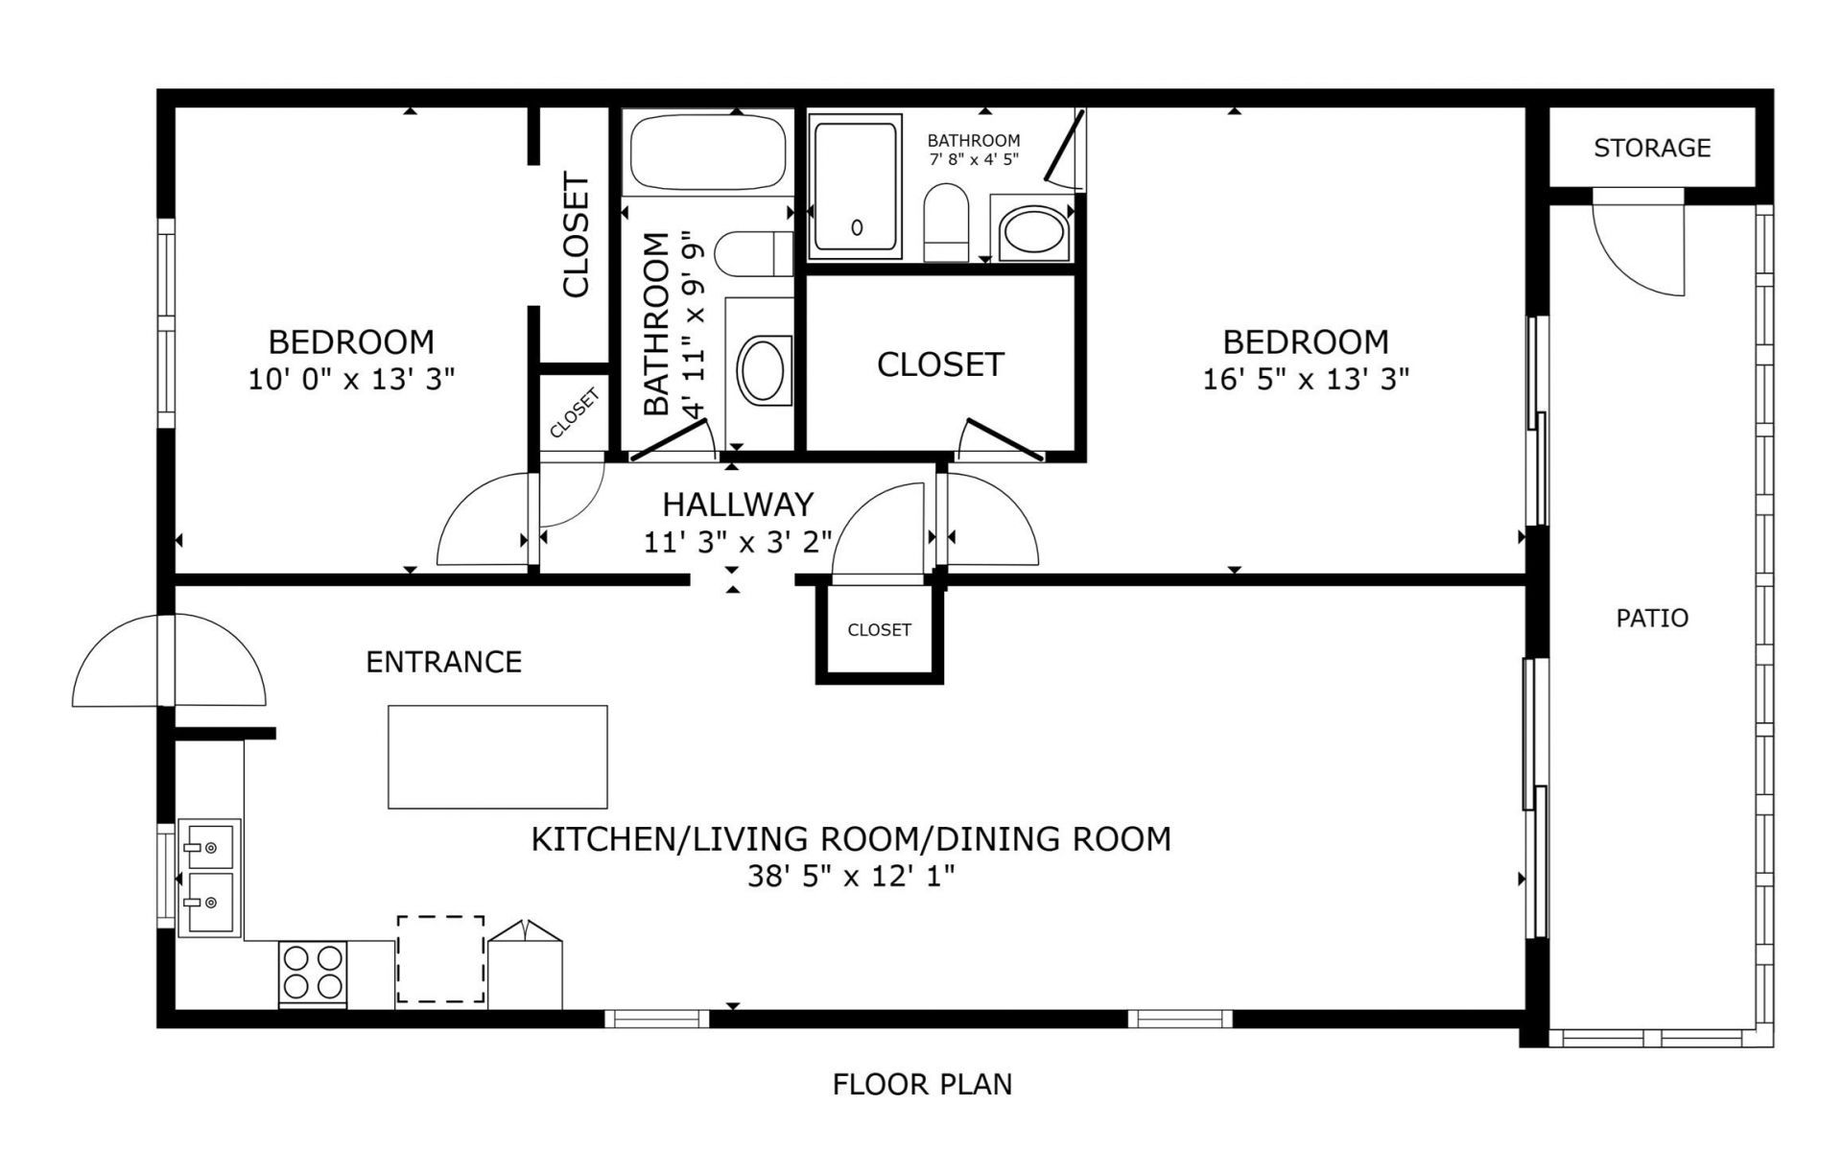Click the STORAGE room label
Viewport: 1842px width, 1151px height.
[1652, 148]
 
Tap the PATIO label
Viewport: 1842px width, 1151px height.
[1652, 618]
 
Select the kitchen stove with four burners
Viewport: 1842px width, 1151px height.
[313, 973]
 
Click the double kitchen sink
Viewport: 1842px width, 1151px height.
[208, 877]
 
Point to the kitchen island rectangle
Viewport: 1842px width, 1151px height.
[497, 757]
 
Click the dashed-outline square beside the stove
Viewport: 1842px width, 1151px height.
[440, 958]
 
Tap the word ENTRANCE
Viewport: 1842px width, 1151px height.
[443, 662]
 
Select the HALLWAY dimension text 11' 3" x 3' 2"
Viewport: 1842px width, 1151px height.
[737, 542]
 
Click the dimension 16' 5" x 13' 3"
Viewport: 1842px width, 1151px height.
[1305, 379]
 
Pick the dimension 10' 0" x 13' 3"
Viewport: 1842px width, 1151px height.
[351, 379]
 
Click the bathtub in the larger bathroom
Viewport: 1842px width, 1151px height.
[707, 153]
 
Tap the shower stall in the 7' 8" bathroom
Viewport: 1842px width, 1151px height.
[856, 187]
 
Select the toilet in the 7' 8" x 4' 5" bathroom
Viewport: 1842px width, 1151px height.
[947, 223]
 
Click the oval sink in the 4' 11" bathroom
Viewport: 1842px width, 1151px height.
[764, 368]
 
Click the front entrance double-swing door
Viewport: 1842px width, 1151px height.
[168, 661]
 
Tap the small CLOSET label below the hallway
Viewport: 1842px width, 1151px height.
[879, 630]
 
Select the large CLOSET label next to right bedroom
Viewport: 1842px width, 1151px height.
[940, 364]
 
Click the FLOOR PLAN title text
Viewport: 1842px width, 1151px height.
[922, 1085]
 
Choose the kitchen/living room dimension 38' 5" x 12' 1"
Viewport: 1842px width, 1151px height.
[851, 876]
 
